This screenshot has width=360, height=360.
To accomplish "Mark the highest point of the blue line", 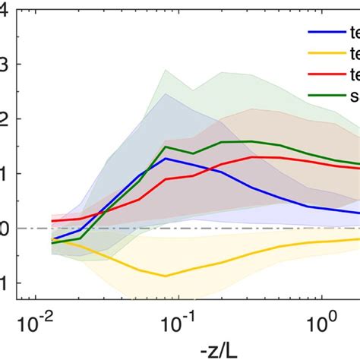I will [x=166, y=158].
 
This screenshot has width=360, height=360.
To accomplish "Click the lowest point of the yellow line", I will [x=166, y=276].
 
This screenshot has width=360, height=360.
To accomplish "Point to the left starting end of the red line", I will [x=52, y=221].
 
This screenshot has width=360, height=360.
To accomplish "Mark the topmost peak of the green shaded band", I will [x=166, y=70].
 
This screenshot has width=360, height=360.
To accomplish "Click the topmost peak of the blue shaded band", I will [x=166, y=93].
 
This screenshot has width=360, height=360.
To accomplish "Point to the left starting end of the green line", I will [x=52, y=243].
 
